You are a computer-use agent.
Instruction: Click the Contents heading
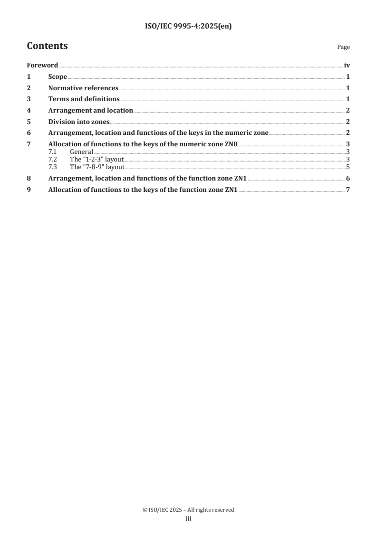point(47,46)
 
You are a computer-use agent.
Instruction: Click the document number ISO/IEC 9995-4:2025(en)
point(188,27)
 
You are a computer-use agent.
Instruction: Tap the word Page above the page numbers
point(343,48)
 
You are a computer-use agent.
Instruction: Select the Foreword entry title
point(42,66)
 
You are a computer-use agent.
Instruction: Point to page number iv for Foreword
point(347,66)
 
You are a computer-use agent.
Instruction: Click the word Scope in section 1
point(58,77)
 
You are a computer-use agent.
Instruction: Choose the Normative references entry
point(83,88)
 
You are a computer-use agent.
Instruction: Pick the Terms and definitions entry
point(84,99)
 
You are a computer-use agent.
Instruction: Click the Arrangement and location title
point(90,110)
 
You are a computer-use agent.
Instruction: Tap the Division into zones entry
point(79,122)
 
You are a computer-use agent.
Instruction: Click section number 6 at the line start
point(29,133)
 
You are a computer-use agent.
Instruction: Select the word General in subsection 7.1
point(81,152)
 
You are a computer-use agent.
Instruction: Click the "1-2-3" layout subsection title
point(93,159)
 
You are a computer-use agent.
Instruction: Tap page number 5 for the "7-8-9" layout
point(348,167)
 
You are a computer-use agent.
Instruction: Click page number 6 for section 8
point(348,179)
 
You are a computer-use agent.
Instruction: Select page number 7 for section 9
point(348,190)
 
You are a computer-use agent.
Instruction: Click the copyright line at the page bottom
point(188,510)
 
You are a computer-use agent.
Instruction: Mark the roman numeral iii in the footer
point(188,519)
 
